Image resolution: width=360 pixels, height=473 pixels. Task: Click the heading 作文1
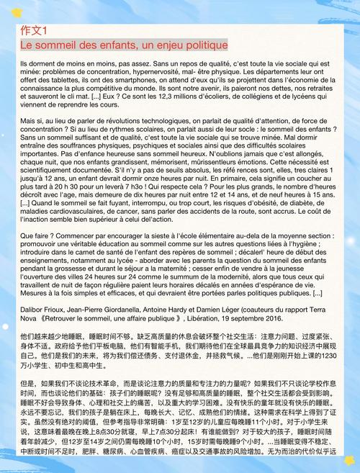click(x=33, y=30)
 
